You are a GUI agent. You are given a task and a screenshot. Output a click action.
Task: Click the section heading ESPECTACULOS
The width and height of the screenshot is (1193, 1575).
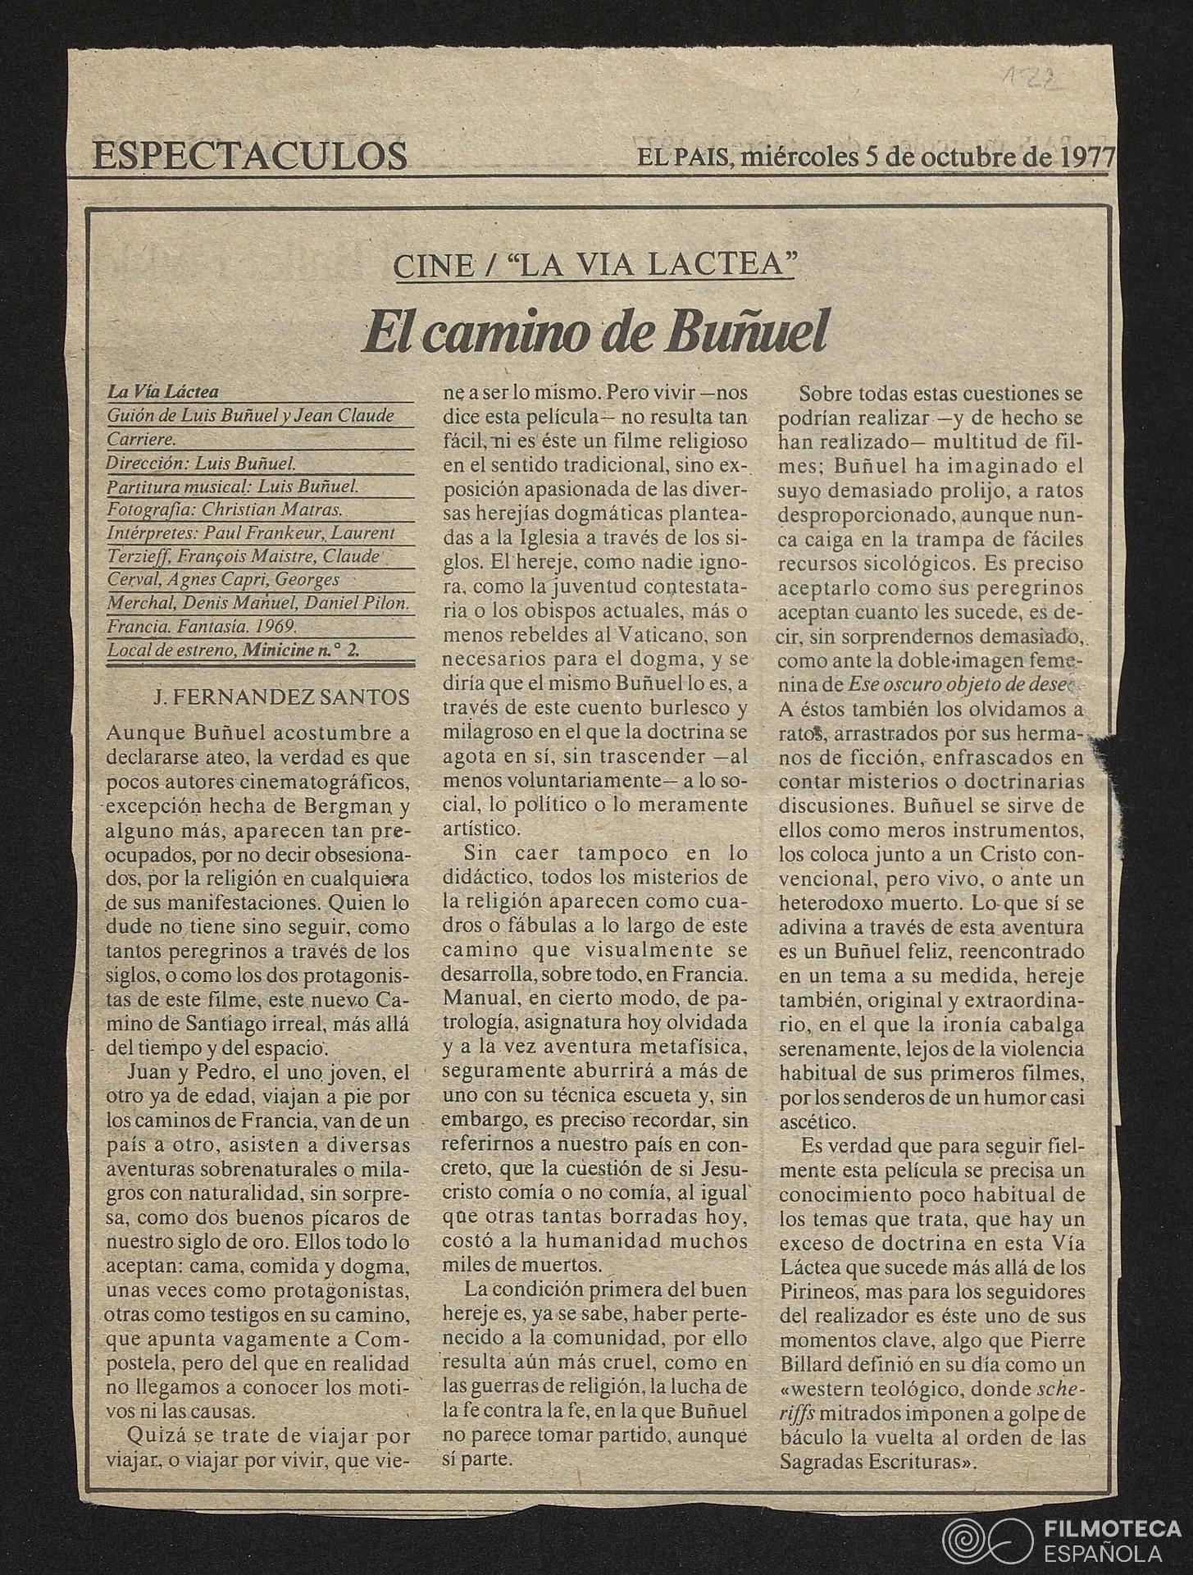pos(250,155)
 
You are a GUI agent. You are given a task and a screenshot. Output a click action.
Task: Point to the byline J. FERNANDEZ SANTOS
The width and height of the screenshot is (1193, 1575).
pos(281,698)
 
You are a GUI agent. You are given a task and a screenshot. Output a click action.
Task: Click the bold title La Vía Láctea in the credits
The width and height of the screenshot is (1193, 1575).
pos(163,393)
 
